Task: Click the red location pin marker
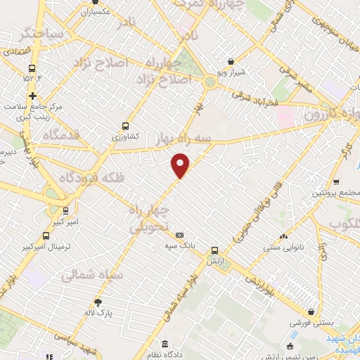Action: (181, 165)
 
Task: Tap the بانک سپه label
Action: (180, 246)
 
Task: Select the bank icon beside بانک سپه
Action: (180, 235)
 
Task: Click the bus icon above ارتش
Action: (215, 250)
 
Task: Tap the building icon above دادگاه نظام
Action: (165, 345)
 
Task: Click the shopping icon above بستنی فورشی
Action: (310, 312)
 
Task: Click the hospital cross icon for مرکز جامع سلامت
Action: (32, 96)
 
